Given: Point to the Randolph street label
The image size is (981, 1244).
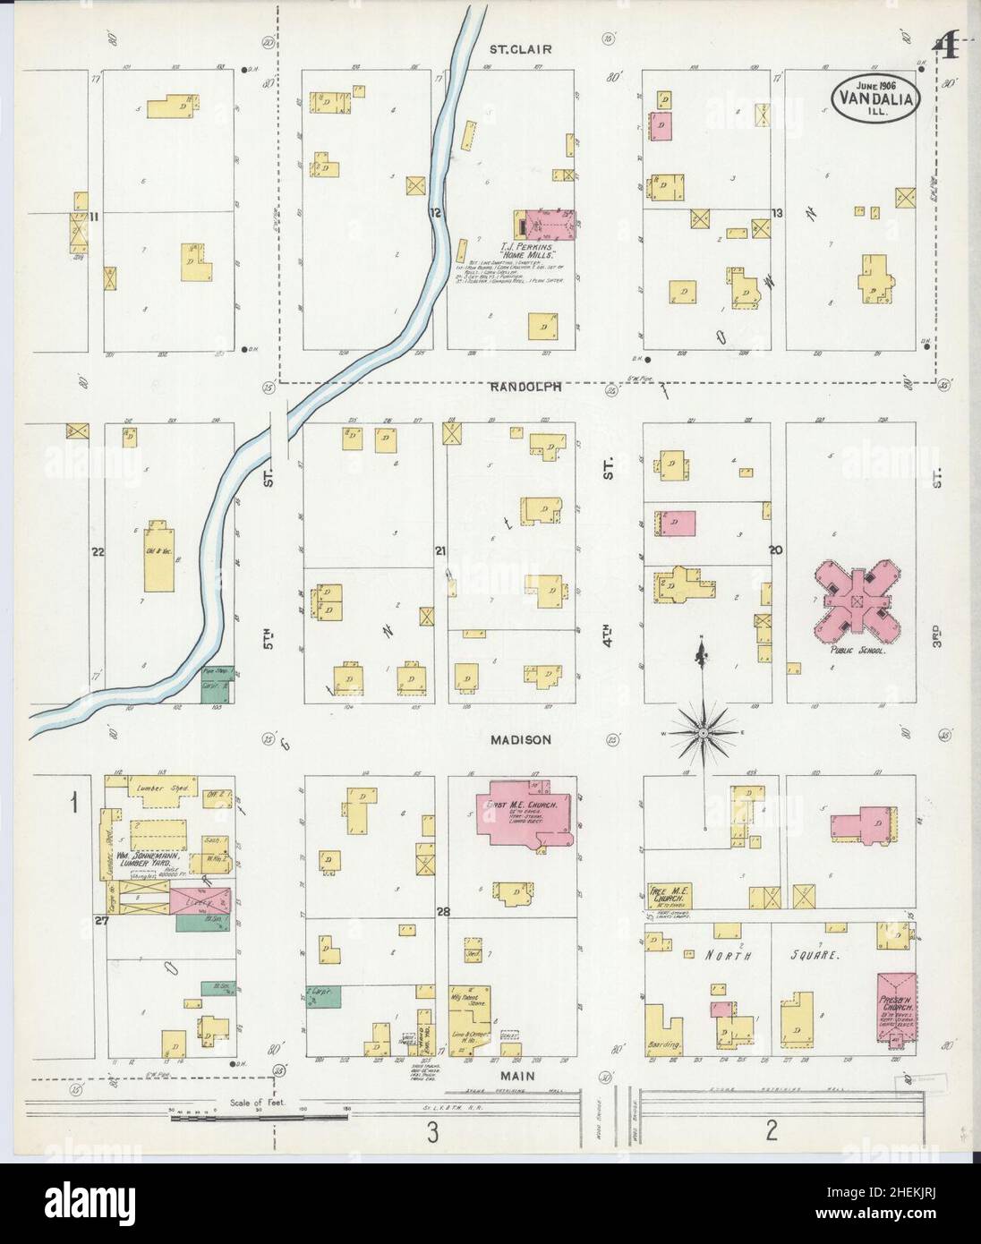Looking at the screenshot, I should [x=525, y=387].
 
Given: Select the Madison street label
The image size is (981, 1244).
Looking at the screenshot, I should [x=520, y=740].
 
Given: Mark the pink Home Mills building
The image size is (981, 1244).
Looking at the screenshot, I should [x=546, y=224].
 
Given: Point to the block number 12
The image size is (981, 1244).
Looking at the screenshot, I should [x=436, y=213].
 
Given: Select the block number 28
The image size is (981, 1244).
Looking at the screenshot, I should [x=441, y=912].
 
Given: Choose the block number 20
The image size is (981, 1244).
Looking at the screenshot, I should [x=775, y=550].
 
